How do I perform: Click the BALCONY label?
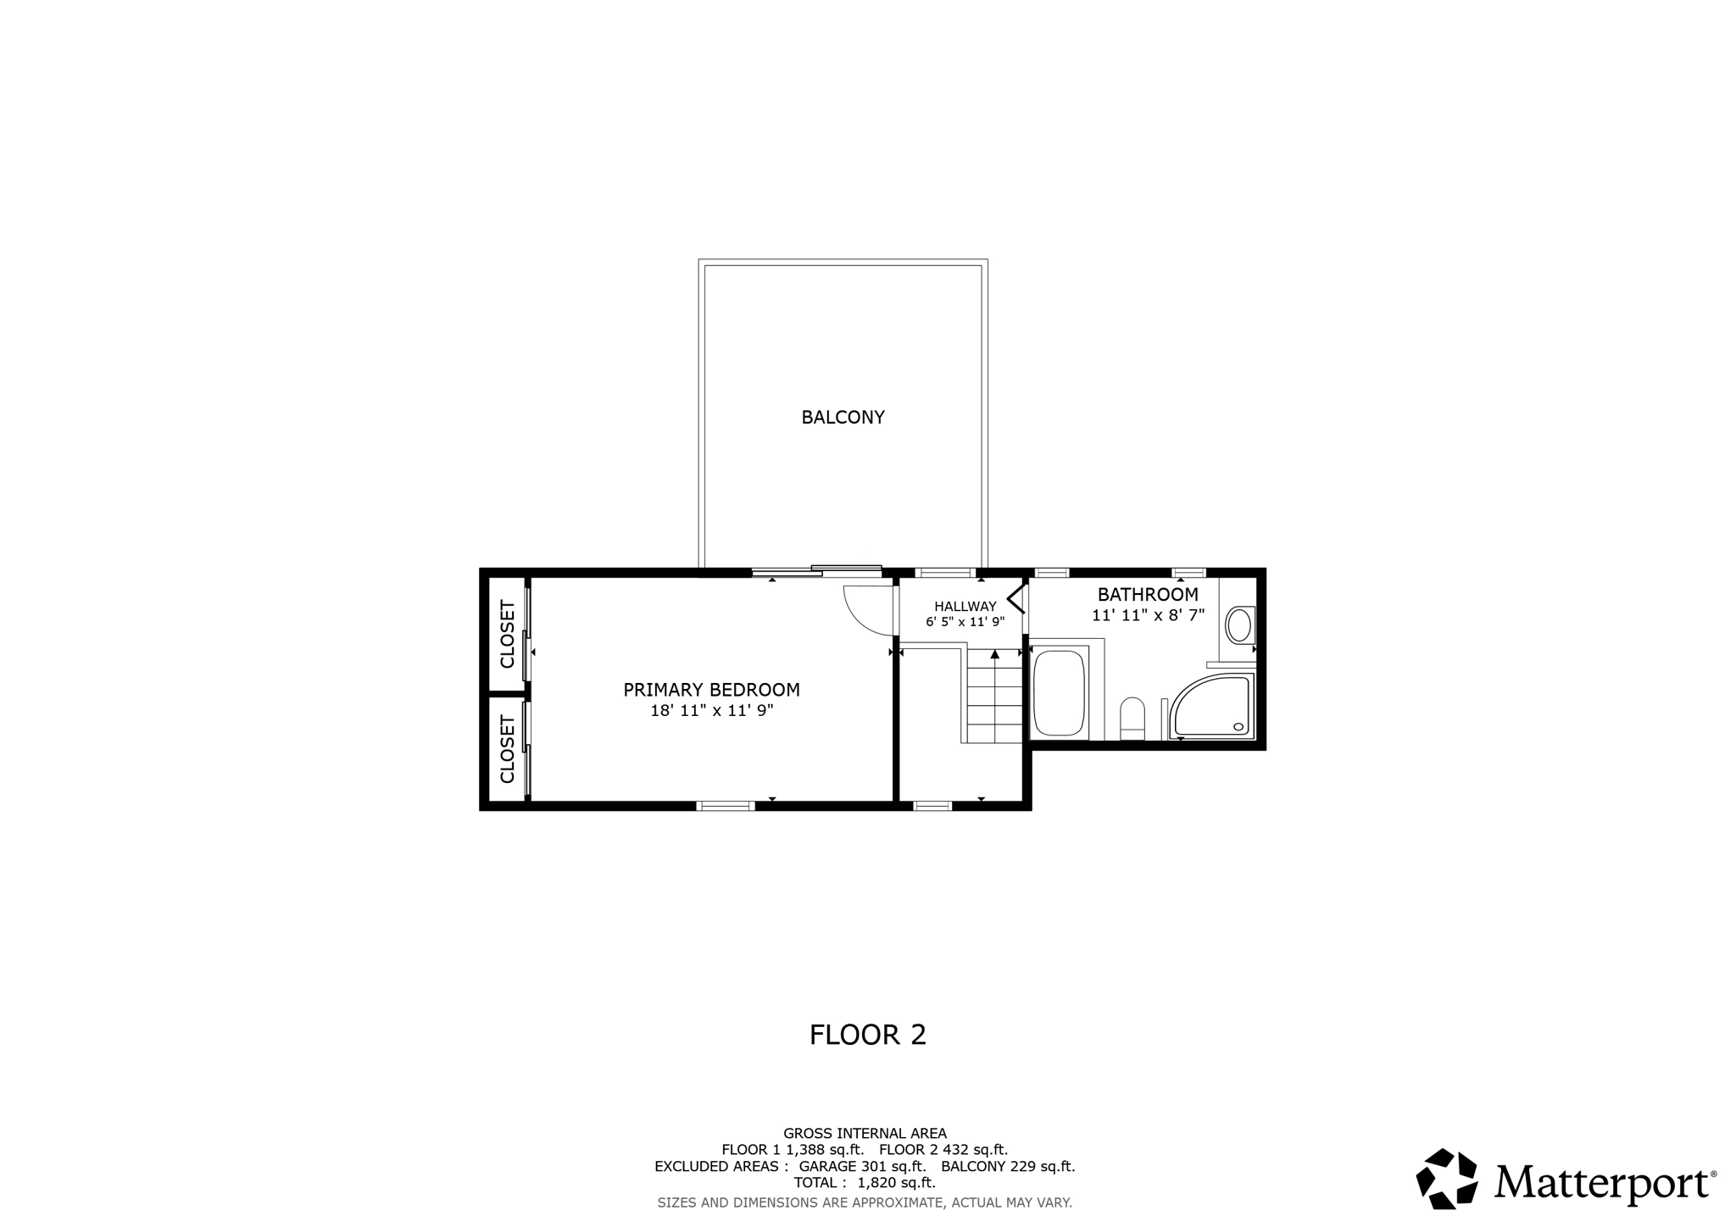[843, 417]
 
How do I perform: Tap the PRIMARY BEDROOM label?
[711, 690]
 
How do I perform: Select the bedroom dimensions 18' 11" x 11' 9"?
[711, 711]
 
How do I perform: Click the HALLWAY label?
[965, 606]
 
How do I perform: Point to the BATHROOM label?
[1148, 594]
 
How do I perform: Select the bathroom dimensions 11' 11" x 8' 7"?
[1148, 615]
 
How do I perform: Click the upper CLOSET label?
[508, 634]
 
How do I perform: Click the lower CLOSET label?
[508, 749]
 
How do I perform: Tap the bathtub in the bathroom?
[1059, 692]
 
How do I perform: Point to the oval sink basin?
[1239, 625]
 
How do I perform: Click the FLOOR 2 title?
[867, 1035]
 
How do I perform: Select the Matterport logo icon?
[1447, 1178]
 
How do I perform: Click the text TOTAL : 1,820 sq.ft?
[865, 1182]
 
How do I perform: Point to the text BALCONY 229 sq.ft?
[1008, 1166]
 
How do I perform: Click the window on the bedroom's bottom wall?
[726, 806]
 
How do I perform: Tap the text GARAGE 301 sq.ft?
[862, 1166]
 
